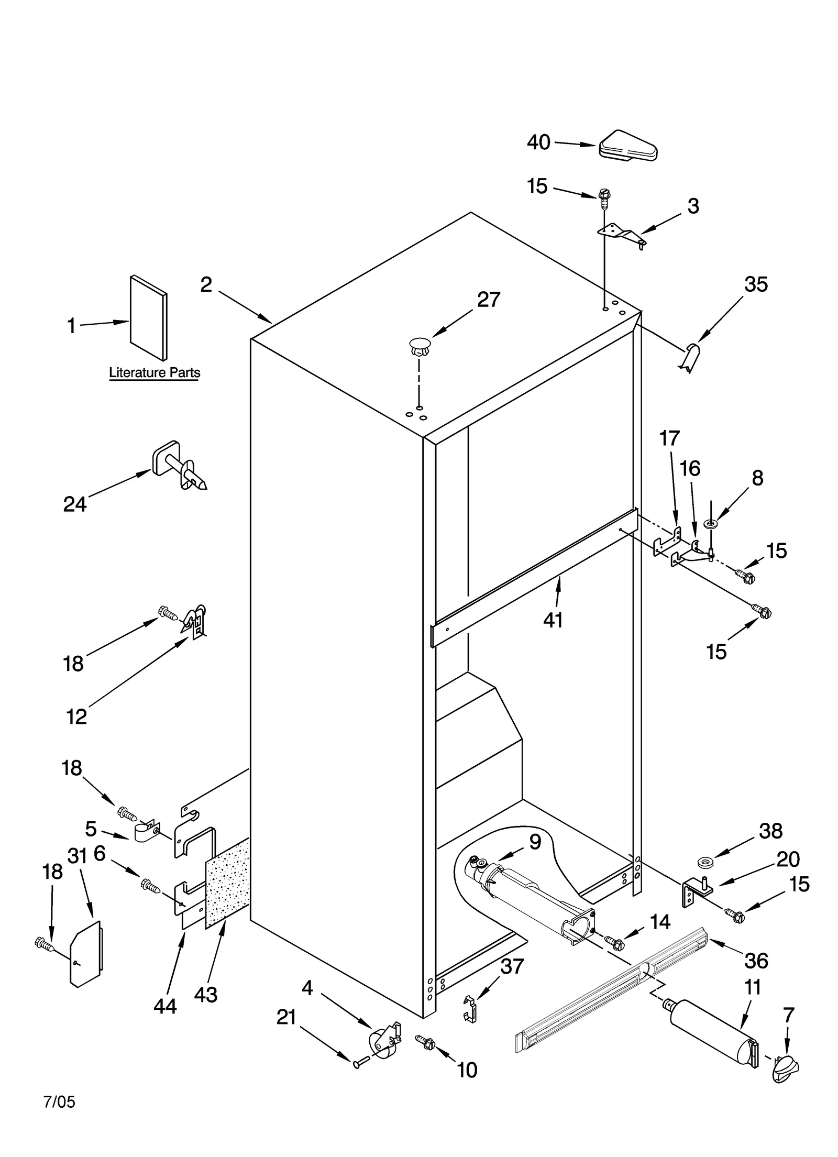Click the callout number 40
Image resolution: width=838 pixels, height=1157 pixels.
pyautogui.click(x=538, y=142)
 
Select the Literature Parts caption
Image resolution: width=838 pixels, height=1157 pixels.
pyautogui.click(x=155, y=372)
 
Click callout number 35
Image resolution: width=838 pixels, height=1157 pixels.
pyautogui.click(x=756, y=284)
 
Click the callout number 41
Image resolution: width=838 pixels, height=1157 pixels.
pyautogui.click(x=553, y=620)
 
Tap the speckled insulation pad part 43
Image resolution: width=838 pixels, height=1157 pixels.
pyautogui.click(x=227, y=883)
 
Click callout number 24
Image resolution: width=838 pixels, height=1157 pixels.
pyautogui.click(x=74, y=504)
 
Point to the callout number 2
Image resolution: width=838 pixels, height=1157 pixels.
pyautogui.click(x=206, y=285)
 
